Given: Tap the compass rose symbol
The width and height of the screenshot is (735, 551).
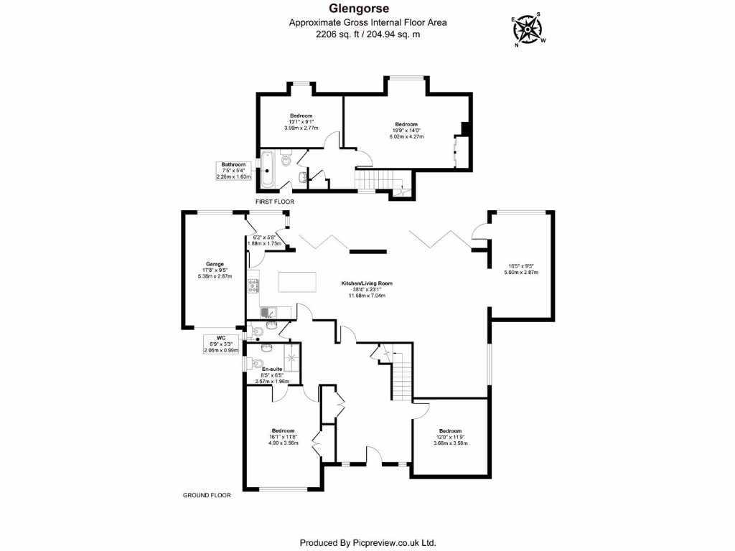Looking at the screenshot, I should tap(529, 30).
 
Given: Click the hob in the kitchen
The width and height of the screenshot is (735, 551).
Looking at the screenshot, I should tap(253, 286).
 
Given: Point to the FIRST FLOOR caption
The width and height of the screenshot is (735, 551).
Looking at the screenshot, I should tap(275, 202).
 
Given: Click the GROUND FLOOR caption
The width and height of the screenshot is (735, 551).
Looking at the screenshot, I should tap(207, 495).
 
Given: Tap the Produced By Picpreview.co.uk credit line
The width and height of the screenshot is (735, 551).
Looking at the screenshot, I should tap(367, 542).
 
